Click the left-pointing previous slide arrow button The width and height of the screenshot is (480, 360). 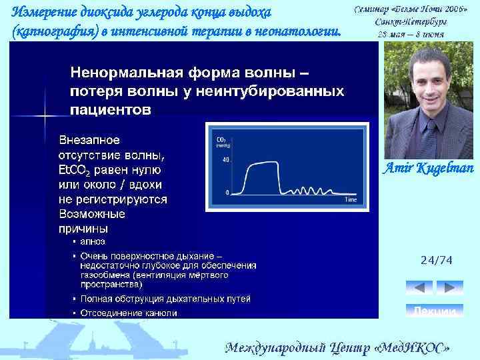click(419, 287)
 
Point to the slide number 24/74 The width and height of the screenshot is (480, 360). click(436, 261)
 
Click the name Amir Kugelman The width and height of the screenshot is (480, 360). click(427, 168)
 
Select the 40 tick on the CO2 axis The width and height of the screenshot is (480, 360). click(226, 160)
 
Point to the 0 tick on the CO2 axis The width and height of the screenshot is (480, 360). click(227, 192)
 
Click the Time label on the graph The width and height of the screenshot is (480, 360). click(350, 199)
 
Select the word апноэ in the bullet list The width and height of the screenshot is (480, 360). click(93, 241)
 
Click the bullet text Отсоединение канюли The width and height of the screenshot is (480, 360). click(129, 312)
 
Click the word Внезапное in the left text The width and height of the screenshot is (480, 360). click(90, 140)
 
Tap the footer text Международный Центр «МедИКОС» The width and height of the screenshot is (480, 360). click(337, 348)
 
